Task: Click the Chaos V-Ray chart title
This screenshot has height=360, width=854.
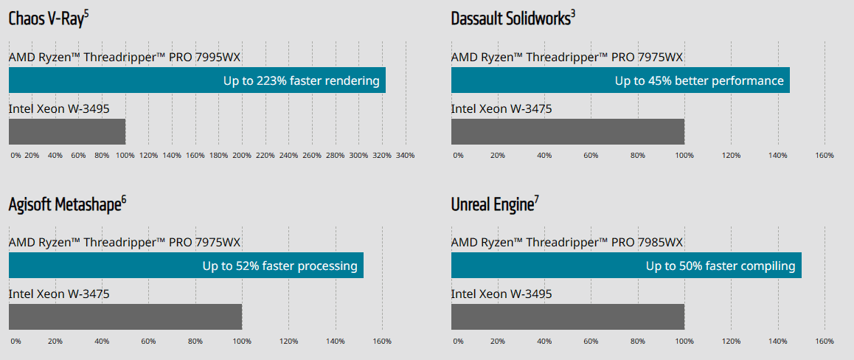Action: tap(49, 18)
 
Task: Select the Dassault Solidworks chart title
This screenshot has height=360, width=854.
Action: tap(513, 18)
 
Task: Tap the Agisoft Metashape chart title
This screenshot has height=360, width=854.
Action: tap(68, 204)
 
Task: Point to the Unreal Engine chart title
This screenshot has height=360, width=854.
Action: tap(495, 204)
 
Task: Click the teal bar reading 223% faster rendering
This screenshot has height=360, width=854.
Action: tap(197, 80)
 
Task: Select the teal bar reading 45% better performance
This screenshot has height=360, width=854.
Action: tap(620, 80)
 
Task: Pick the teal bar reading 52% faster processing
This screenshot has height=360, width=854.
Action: tap(187, 266)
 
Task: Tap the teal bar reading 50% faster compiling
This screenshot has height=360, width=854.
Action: tap(626, 266)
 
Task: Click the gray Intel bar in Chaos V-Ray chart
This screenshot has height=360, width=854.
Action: tap(67, 132)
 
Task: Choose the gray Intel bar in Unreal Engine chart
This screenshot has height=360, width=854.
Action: tap(568, 317)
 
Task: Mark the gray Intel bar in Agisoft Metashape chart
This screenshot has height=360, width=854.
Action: tap(125, 317)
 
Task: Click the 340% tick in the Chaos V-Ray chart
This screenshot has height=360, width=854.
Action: tap(405, 155)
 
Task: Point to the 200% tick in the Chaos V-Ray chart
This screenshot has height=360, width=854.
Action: tap(242, 155)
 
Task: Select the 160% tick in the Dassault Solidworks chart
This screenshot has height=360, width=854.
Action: tap(825, 155)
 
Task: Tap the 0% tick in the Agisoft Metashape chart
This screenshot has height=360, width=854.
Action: tap(15, 342)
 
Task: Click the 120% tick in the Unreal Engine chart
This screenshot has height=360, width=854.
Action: tap(731, 342)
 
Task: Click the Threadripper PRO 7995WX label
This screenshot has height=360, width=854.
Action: tap(125, 58)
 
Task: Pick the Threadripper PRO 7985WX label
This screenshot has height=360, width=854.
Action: tap(567, 243)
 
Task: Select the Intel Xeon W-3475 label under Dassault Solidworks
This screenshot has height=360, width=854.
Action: tap(501, 109)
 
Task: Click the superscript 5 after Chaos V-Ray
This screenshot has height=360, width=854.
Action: tap(86, 13)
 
